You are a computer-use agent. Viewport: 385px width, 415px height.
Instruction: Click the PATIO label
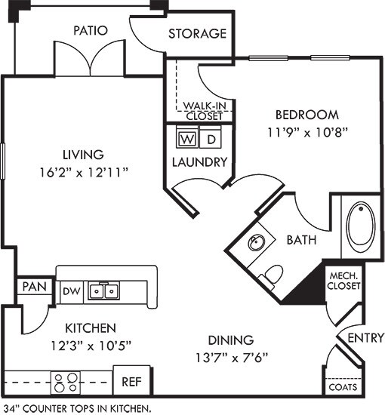[x=90, y=31]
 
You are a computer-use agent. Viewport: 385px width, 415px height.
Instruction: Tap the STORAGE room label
[x=197, y=34]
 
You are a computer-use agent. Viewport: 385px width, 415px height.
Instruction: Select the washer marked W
[x=186, y=140]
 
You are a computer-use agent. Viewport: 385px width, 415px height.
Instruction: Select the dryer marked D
[x=212, y=140]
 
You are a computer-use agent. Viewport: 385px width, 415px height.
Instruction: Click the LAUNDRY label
[x=199, y=162]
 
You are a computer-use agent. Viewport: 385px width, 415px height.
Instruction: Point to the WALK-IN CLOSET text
[x=203, y=111]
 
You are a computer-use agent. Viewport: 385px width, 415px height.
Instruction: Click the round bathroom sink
[x=257, y=242]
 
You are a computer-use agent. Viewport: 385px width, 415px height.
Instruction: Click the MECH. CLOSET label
[x=343, y=280]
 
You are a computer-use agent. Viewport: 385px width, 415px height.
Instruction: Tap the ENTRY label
[x=365, y=337]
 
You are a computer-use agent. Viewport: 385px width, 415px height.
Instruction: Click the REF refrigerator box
[x=131, y=382]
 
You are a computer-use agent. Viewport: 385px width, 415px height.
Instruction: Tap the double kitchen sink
[x=104, y=290]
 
